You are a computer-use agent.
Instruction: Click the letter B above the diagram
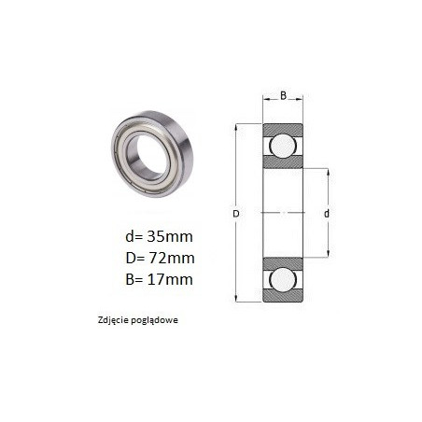point(283,95)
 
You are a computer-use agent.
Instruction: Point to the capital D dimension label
point(236,214)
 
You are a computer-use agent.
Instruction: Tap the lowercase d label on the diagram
point(327,214)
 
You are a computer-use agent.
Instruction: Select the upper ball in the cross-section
point(283,146)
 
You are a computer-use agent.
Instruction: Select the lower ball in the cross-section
point(283,279)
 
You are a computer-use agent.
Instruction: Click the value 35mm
point(170,237)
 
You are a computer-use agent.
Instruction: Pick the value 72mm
point(172,258)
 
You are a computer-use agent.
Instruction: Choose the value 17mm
point(170,279)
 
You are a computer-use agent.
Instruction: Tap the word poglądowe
point(155,320)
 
